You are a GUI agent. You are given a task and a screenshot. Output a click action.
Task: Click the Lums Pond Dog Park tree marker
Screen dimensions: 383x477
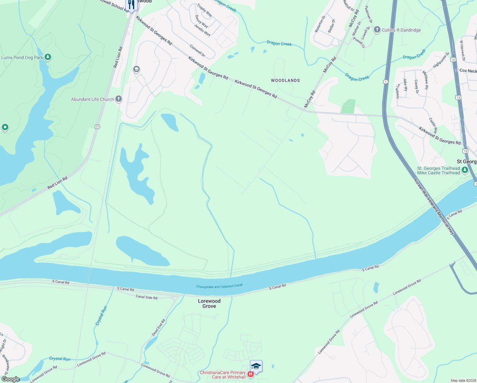[x=48, y=57]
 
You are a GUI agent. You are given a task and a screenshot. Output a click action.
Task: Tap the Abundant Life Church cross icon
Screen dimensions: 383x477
[x=119, y=99]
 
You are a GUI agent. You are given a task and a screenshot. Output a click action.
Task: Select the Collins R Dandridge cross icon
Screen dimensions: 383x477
[x=377, y=30]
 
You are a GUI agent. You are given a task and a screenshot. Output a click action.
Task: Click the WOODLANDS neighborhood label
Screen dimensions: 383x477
[x=285, y=80]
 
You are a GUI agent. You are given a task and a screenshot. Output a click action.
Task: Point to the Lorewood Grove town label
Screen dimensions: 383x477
[x=209, y=304]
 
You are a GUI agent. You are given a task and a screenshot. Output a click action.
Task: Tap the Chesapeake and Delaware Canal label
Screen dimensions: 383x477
[x=219, y=286]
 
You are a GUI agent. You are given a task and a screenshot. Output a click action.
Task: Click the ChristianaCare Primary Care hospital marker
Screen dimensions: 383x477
[x=251, y=374]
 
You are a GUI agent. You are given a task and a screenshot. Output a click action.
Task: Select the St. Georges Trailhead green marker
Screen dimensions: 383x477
[x=465, y=170]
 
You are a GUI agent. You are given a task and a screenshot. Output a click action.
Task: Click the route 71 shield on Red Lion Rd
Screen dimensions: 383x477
[x=97, y=127]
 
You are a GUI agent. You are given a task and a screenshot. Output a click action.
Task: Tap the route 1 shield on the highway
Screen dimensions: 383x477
[x=386, y=82]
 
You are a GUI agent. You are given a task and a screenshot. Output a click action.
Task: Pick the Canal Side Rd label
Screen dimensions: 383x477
[x=146, y=297]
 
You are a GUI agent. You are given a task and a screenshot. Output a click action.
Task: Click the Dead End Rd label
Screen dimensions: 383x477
[x=158, y=327]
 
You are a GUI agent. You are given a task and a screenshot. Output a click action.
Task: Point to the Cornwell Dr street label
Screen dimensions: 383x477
[x=197, y=51]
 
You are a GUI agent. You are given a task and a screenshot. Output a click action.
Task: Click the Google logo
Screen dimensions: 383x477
[x=11, y=379]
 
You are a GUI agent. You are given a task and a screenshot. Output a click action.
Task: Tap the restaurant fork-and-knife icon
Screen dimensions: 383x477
[x=131, y=4]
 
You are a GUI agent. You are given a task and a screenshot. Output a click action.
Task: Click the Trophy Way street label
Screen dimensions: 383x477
[x=204, y=10]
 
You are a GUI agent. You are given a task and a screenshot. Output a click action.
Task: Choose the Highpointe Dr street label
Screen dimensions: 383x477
[x=441, y=60]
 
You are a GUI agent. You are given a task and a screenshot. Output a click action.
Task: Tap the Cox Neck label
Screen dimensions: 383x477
[x=468, y=71]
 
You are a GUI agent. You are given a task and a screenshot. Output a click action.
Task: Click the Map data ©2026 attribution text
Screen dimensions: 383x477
[x=463, y=380]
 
